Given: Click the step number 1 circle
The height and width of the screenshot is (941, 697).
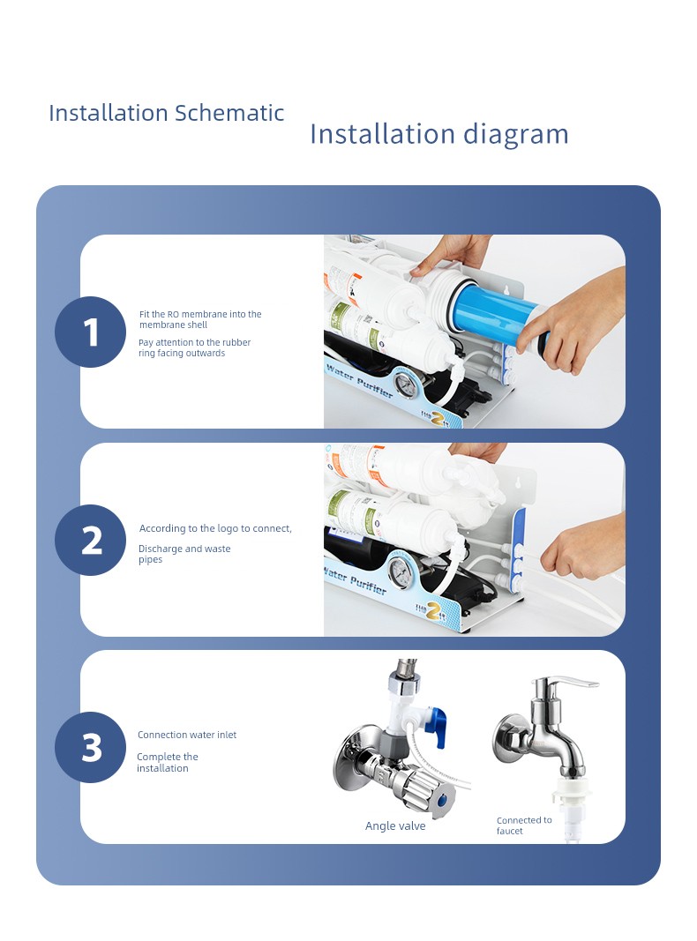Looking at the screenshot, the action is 90,332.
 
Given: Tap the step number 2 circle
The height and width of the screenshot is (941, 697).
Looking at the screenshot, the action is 90,540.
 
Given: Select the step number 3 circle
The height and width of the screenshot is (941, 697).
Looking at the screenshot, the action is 90,747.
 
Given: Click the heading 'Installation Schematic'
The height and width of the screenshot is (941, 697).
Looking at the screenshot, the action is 166,113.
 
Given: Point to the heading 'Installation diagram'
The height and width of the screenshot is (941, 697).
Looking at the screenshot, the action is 438,134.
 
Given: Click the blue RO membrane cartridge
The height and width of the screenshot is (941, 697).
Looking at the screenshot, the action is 497,313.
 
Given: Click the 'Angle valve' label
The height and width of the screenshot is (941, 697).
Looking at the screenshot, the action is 395,825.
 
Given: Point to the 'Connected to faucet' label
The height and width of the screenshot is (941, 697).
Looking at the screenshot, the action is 523,825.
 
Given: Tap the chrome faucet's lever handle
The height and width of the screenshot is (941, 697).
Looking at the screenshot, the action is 566,684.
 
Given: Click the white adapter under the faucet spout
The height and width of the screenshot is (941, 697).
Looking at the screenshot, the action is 571,807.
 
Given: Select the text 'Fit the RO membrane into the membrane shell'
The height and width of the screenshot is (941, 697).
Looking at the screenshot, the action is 200,319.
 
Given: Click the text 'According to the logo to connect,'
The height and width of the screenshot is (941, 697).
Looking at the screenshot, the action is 215,528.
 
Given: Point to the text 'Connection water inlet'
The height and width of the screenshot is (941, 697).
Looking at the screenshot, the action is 187,735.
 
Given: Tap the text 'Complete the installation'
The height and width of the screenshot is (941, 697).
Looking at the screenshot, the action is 167,762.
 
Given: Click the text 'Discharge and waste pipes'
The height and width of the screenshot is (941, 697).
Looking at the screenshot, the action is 184,553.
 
